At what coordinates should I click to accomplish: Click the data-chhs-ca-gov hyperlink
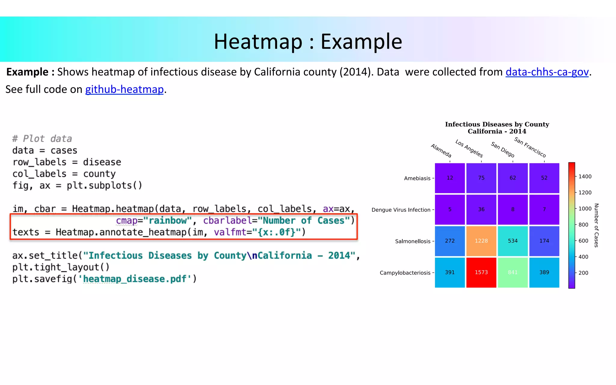[x=547, y=72]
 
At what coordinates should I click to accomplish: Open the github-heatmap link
[x=124, y=90]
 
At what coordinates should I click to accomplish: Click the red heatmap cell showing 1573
[x=481, y=273]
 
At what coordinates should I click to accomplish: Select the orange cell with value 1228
[x=481, y=241]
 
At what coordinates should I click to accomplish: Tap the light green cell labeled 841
[x=513, y=273]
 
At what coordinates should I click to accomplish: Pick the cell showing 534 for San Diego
[x=513, y=241]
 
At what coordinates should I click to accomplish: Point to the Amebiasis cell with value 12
[x=450, y=178]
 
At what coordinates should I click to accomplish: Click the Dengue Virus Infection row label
[x=401, y=210]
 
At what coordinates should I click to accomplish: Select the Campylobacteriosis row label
[x=405, y=273]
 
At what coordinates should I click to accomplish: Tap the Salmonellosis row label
[x=413, y=241]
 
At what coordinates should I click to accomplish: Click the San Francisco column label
[x=530, y=147]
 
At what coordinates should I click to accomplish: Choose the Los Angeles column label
[x=469, y=148]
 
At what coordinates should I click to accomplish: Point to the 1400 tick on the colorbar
[x=585, y=177]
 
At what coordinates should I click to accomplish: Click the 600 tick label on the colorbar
[x=583, y=241]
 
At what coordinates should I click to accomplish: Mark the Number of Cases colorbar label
[x=596, y=225]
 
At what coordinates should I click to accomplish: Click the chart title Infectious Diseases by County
[x=497, y=124]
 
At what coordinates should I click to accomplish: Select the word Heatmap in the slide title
[x=258, y=42]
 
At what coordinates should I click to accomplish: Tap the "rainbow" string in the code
[x=167, y=220]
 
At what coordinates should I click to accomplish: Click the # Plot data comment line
[x=42, y=139]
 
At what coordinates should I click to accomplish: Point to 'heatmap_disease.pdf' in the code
[x=135, y=279]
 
